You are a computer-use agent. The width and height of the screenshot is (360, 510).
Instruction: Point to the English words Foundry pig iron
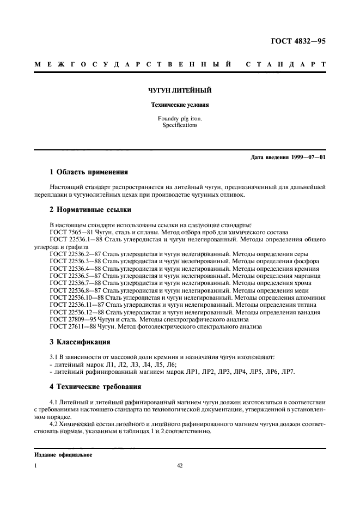[x=180, y=118]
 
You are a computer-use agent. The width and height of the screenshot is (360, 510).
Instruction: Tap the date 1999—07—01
[x=307, y=157]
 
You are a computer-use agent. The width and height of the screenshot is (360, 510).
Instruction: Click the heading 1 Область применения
[x=88, y=173]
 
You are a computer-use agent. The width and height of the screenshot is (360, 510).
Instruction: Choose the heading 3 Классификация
[x=80, y=342]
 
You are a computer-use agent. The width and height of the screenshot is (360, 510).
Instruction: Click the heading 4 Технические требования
[x=95, y=387]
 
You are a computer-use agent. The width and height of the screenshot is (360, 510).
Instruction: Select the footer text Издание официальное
[x=63, y=454]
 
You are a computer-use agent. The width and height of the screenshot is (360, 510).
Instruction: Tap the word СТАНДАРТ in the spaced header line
[x=286, y=65]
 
